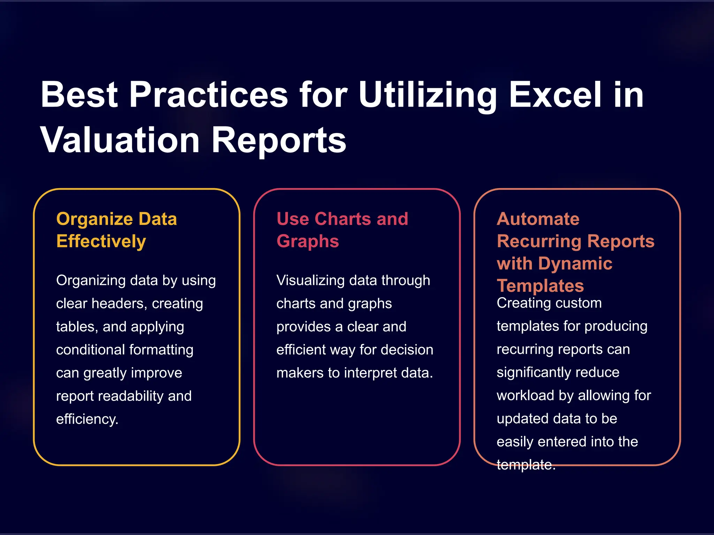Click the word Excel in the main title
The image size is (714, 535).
coord(555,95)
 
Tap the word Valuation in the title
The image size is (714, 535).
coord(120,140)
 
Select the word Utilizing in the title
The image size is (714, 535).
coord(428,95)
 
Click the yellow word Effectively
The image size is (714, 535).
coord(101,241)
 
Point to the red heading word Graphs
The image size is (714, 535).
coord(307,241)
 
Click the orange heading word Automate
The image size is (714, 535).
coord(538,219)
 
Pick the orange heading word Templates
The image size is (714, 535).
coord(540,286)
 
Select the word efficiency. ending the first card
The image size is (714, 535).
coord(87,419)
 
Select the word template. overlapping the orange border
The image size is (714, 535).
coord(526,465)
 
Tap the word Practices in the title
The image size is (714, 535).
coord(208,95)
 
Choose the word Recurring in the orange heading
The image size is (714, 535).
coord(540,241)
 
